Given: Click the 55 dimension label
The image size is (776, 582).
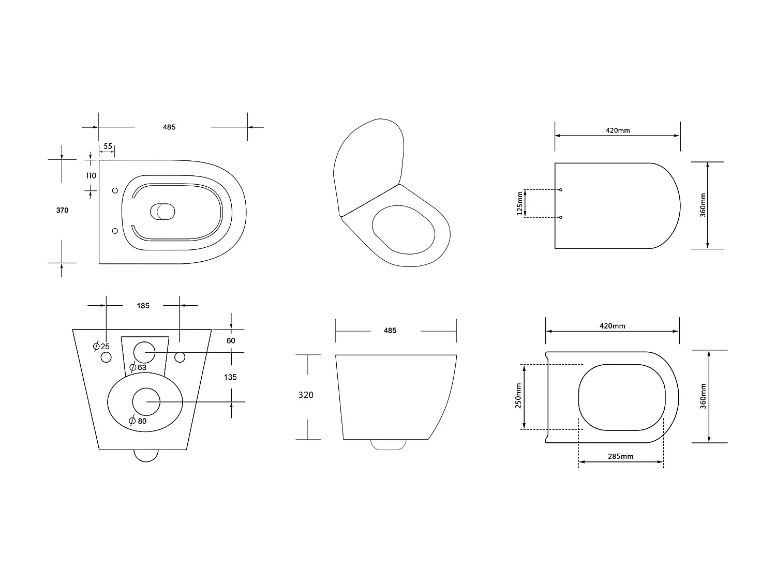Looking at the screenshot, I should (108, 146).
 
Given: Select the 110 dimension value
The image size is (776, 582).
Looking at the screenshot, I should (91, 175).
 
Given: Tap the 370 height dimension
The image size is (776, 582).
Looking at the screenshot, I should (62, 210).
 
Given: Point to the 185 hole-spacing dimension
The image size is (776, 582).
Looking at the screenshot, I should (143, 306).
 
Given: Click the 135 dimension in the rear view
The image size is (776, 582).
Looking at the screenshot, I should (230, 377).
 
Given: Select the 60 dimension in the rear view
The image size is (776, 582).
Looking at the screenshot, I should (231, 340).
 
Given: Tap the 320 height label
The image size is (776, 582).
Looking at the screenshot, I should (306, 395).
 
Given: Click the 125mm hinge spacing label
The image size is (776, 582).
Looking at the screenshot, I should (520, 203).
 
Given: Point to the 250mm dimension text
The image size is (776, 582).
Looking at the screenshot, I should (518, 396).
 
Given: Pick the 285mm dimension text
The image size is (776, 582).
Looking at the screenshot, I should (620, 456).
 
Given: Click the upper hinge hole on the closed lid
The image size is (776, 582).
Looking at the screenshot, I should (561, 190).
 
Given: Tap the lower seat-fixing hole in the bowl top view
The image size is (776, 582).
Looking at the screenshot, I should (115, 231).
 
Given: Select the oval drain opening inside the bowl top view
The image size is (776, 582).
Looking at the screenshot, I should (162, 211).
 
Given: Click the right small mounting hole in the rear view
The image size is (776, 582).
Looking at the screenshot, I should (180, 357).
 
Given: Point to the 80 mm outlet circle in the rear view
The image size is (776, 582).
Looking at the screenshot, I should (146, 401).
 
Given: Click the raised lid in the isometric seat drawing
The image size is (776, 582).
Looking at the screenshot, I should (367, 166).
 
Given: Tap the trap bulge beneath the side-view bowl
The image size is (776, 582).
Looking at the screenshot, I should (389, 444).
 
